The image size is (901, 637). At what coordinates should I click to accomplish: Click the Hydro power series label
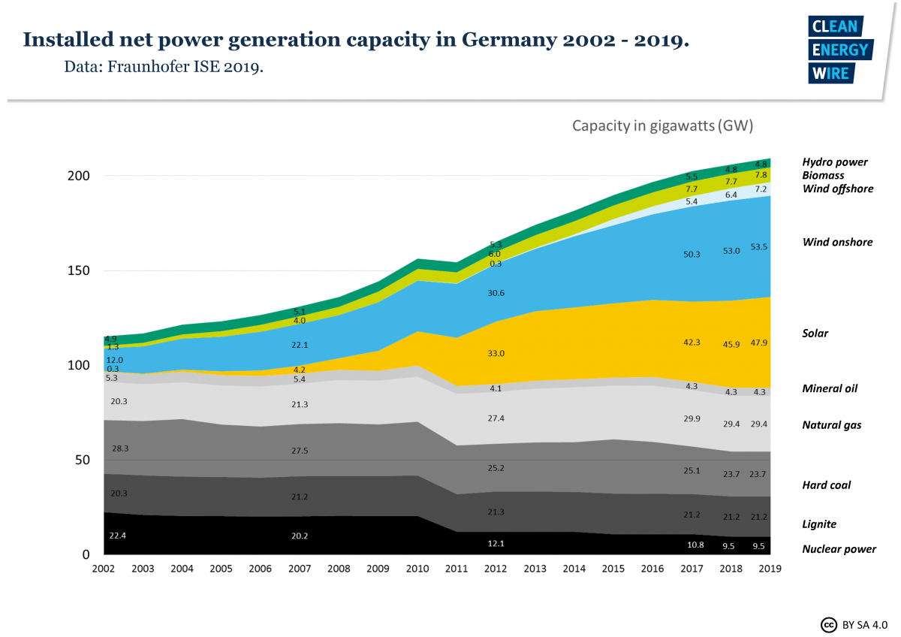(834, 162)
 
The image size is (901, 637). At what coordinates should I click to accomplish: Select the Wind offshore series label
(837, 189)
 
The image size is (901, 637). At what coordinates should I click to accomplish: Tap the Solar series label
(815, 333)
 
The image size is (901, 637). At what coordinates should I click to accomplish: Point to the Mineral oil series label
(829, 388)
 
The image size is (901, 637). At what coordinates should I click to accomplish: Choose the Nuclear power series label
(839, 549)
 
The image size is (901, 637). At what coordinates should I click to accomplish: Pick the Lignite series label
(818, 524)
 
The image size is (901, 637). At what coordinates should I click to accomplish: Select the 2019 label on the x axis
(769, 569)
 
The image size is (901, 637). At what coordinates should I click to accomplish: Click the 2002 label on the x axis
(104, 569)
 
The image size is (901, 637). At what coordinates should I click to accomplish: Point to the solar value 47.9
(760, 343)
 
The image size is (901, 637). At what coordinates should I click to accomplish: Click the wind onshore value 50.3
(692, 255)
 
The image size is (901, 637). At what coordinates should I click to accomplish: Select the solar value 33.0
(495, 353)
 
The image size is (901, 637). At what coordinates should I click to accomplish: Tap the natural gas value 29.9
(692, 419)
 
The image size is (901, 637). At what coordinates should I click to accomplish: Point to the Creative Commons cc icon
(829, 624)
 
